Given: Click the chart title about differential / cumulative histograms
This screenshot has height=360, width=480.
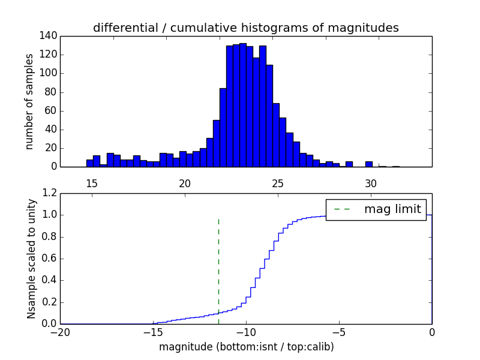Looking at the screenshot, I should point(246,28).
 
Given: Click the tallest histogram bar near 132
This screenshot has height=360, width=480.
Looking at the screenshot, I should point(243,105).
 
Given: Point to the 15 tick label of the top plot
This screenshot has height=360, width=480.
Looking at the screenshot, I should point(92,183).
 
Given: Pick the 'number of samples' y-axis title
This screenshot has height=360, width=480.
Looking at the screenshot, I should point(29,101).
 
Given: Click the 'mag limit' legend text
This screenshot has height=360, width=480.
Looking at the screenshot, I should point(392,209).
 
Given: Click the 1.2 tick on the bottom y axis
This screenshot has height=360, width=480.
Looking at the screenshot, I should point(50,193).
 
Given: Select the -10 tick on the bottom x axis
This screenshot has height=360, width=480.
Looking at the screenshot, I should point(246,332).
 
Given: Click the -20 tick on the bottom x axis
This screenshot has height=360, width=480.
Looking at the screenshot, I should point(60,332).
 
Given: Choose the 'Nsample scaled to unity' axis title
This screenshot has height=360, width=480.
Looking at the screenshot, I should point(31,259).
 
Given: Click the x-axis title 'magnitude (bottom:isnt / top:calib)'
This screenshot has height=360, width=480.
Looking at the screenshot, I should point(246,347).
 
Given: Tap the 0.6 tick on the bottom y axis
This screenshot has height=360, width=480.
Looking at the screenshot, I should point(50,259).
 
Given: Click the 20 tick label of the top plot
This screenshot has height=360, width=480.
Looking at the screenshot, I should point(185,183).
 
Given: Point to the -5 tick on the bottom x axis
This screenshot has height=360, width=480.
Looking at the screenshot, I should point(339,332).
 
